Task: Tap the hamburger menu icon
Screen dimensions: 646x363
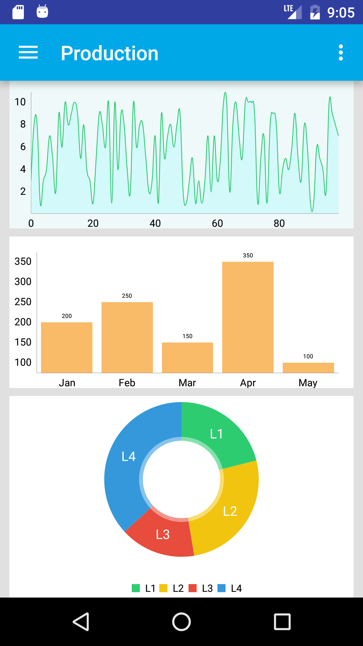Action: (28, 52)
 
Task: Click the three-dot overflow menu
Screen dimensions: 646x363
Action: (341, 52)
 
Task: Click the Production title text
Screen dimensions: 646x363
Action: (110, 53)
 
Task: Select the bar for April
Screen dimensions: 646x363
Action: (248, 317)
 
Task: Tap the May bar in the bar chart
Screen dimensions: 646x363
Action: (308, 367)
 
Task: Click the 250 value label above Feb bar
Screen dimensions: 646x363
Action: (127, 296)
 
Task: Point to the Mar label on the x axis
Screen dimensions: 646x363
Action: (187, 383)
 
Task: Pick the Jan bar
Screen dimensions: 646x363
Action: (67, 347)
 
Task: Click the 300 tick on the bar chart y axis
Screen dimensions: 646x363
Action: (23, 281)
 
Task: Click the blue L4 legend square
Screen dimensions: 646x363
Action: (221, 588)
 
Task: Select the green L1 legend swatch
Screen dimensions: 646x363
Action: (136, 588)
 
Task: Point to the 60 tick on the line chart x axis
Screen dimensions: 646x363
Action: (217, 223)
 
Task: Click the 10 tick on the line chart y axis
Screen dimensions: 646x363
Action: (20, 102)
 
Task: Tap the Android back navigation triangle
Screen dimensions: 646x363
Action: (81, 621)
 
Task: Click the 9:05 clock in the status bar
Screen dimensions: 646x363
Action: (341, 13)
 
